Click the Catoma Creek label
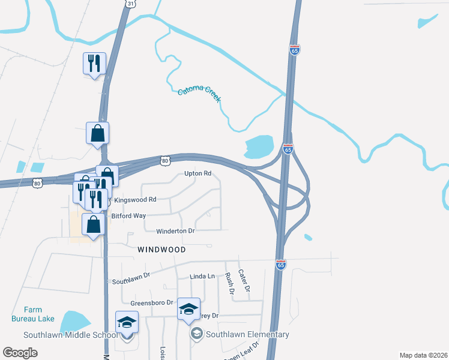pyautogui.click(x=199, y=95)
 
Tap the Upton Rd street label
pyautogui.click(x=198, y=173)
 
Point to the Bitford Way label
pyautogui.click(x=128, y=215)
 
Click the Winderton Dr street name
pyautogui.click(x=176, y=230)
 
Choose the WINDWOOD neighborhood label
pyautogui.click(x=161, y=248)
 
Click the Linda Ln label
pyautogui.click(x=202, y=276)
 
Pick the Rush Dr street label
pyautogui.click(x=229, y=283)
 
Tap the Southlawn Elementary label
pyautogui.click(x=248, y=334)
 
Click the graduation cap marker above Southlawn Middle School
pyautogui.click(x=127, y=322)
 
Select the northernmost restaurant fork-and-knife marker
pyautogui.click(x=95, y=63)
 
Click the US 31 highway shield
pyautogui.click(x=130, y=4)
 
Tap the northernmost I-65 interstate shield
pyautogui.click(x=294, y=50)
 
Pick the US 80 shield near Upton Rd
pyautogui.click(x=165, y=160)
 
